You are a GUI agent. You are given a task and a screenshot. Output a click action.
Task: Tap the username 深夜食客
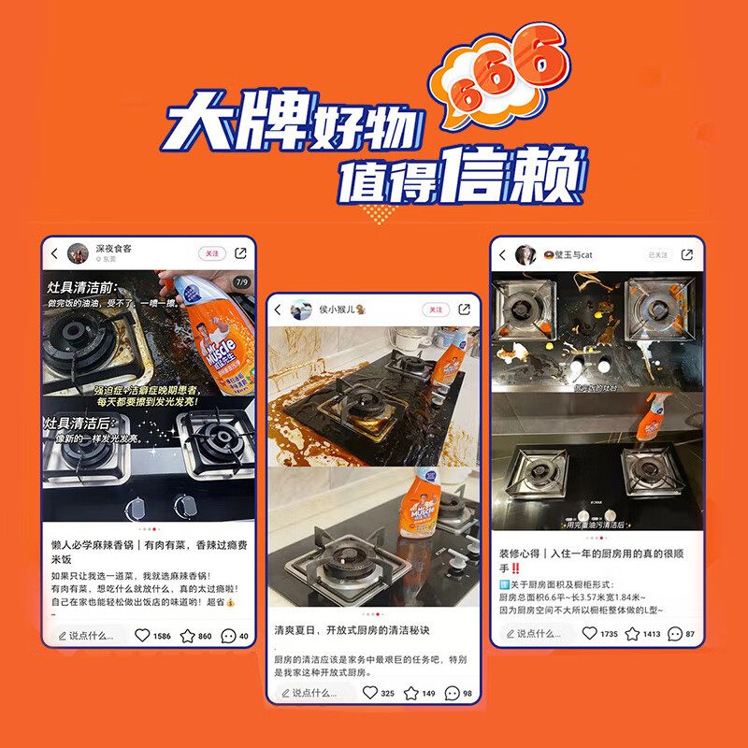pos(114,249)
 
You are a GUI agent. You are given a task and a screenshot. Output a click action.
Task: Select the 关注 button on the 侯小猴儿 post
pos(435,309)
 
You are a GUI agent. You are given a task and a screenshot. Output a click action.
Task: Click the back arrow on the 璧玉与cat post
pos(503,254)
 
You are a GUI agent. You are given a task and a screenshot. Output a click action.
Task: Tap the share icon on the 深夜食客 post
pos(240,252)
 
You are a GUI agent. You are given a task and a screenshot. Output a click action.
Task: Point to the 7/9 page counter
pos(241,281)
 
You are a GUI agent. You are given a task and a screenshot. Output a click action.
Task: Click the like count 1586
pos(162,636)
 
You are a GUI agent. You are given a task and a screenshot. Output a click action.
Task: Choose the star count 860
pos(205,636)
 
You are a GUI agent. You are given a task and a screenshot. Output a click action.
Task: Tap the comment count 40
pos(244,636)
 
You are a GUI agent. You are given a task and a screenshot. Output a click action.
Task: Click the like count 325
pos(387,693)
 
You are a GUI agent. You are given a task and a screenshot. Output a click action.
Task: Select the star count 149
pos(429,693)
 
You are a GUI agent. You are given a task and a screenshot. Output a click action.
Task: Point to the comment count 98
pos(467,693)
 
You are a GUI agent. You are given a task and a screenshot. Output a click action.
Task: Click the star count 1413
pos(652,634)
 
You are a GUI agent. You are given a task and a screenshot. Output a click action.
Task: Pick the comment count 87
pos(690,634)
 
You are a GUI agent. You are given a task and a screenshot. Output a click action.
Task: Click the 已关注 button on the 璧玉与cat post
pos(658,254)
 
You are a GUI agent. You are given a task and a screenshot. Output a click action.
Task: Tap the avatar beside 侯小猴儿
pos(302,309)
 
